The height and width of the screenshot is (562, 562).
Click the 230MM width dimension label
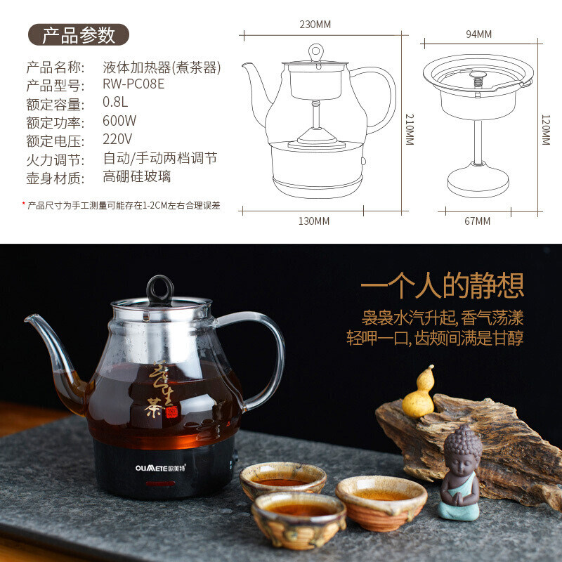click(x=315, y=25)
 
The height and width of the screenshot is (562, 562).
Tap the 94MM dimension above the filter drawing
click(x=478, y=34)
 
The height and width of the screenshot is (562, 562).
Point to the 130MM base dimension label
click(x=314, y=221)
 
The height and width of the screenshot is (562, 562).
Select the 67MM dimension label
click(x=477, y=221)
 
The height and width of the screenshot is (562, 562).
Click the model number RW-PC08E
click(x=133, y=84)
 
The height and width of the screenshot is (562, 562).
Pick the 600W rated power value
click(x=119, y=121)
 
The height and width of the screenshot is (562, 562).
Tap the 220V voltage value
click(x=117, y=139)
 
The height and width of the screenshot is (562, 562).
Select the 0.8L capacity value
click(x=115, y=102)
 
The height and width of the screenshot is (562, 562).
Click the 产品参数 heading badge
click(x=79, y=34)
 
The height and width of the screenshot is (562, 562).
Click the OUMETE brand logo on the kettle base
click(x=160, y=468)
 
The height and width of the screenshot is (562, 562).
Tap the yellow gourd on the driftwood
click(x=419, y=393)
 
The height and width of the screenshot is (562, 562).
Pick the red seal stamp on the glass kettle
click(x=171, y=412)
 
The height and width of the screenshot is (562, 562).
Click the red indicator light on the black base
click(x=160, y=483)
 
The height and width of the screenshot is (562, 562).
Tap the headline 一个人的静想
click(x=443, y=286)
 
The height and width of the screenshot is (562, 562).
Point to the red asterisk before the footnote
click(x=24, y=204)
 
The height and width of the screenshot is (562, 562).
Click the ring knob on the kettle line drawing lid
click(x=316, y=52)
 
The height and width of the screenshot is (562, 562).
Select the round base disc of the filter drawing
click(x=478, y=180)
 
